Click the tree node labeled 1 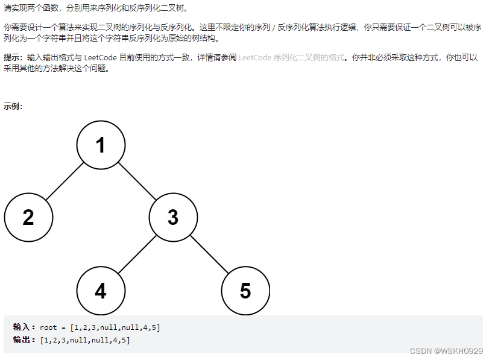click(101, 145)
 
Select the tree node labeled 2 click(28, 218)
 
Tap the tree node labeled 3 click(173, 218)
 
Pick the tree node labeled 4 click(101, 291)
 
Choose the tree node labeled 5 click(245, 291)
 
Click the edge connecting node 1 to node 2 click(65, 182)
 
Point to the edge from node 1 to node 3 click(137, 182)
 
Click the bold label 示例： click(13, 107)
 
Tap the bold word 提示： click(13, 57)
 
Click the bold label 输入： click(25, 327)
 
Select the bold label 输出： click(25, 340)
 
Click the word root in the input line click(48, 327)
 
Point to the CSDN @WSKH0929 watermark click(446, 351)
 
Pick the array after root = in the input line click(115, 327)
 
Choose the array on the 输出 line click(85, 340)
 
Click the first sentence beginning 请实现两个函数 click(96, 8)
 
